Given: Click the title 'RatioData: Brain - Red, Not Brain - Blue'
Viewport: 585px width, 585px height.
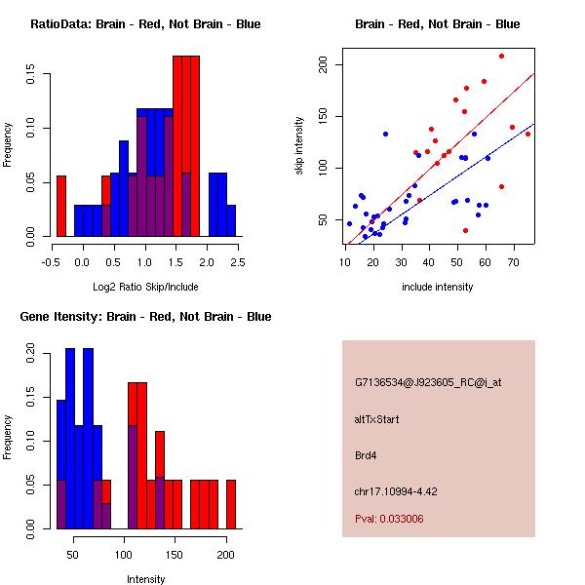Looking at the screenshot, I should (x=145, y=24).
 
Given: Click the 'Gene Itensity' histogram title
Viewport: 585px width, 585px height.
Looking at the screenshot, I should (x=145, y=317).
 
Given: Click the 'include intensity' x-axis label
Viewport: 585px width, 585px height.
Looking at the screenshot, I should (x=438, y=287).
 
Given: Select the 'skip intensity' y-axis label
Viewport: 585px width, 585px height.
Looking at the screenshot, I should (x=300, y=146).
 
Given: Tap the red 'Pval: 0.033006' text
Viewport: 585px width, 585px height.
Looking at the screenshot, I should (x=389, y=520).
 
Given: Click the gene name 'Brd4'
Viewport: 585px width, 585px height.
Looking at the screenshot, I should (x=367, y=454).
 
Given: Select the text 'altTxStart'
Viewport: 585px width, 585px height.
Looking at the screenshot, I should (x=376, y=419).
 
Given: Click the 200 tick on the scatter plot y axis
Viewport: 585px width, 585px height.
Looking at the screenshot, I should (x=327, y=64).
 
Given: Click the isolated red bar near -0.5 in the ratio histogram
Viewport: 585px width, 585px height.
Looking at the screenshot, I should (x=61, y=206).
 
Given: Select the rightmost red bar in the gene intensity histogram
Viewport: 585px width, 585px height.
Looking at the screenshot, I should (x=231, y=504).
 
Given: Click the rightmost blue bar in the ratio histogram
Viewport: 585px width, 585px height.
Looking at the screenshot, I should (x=231, y=220).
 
